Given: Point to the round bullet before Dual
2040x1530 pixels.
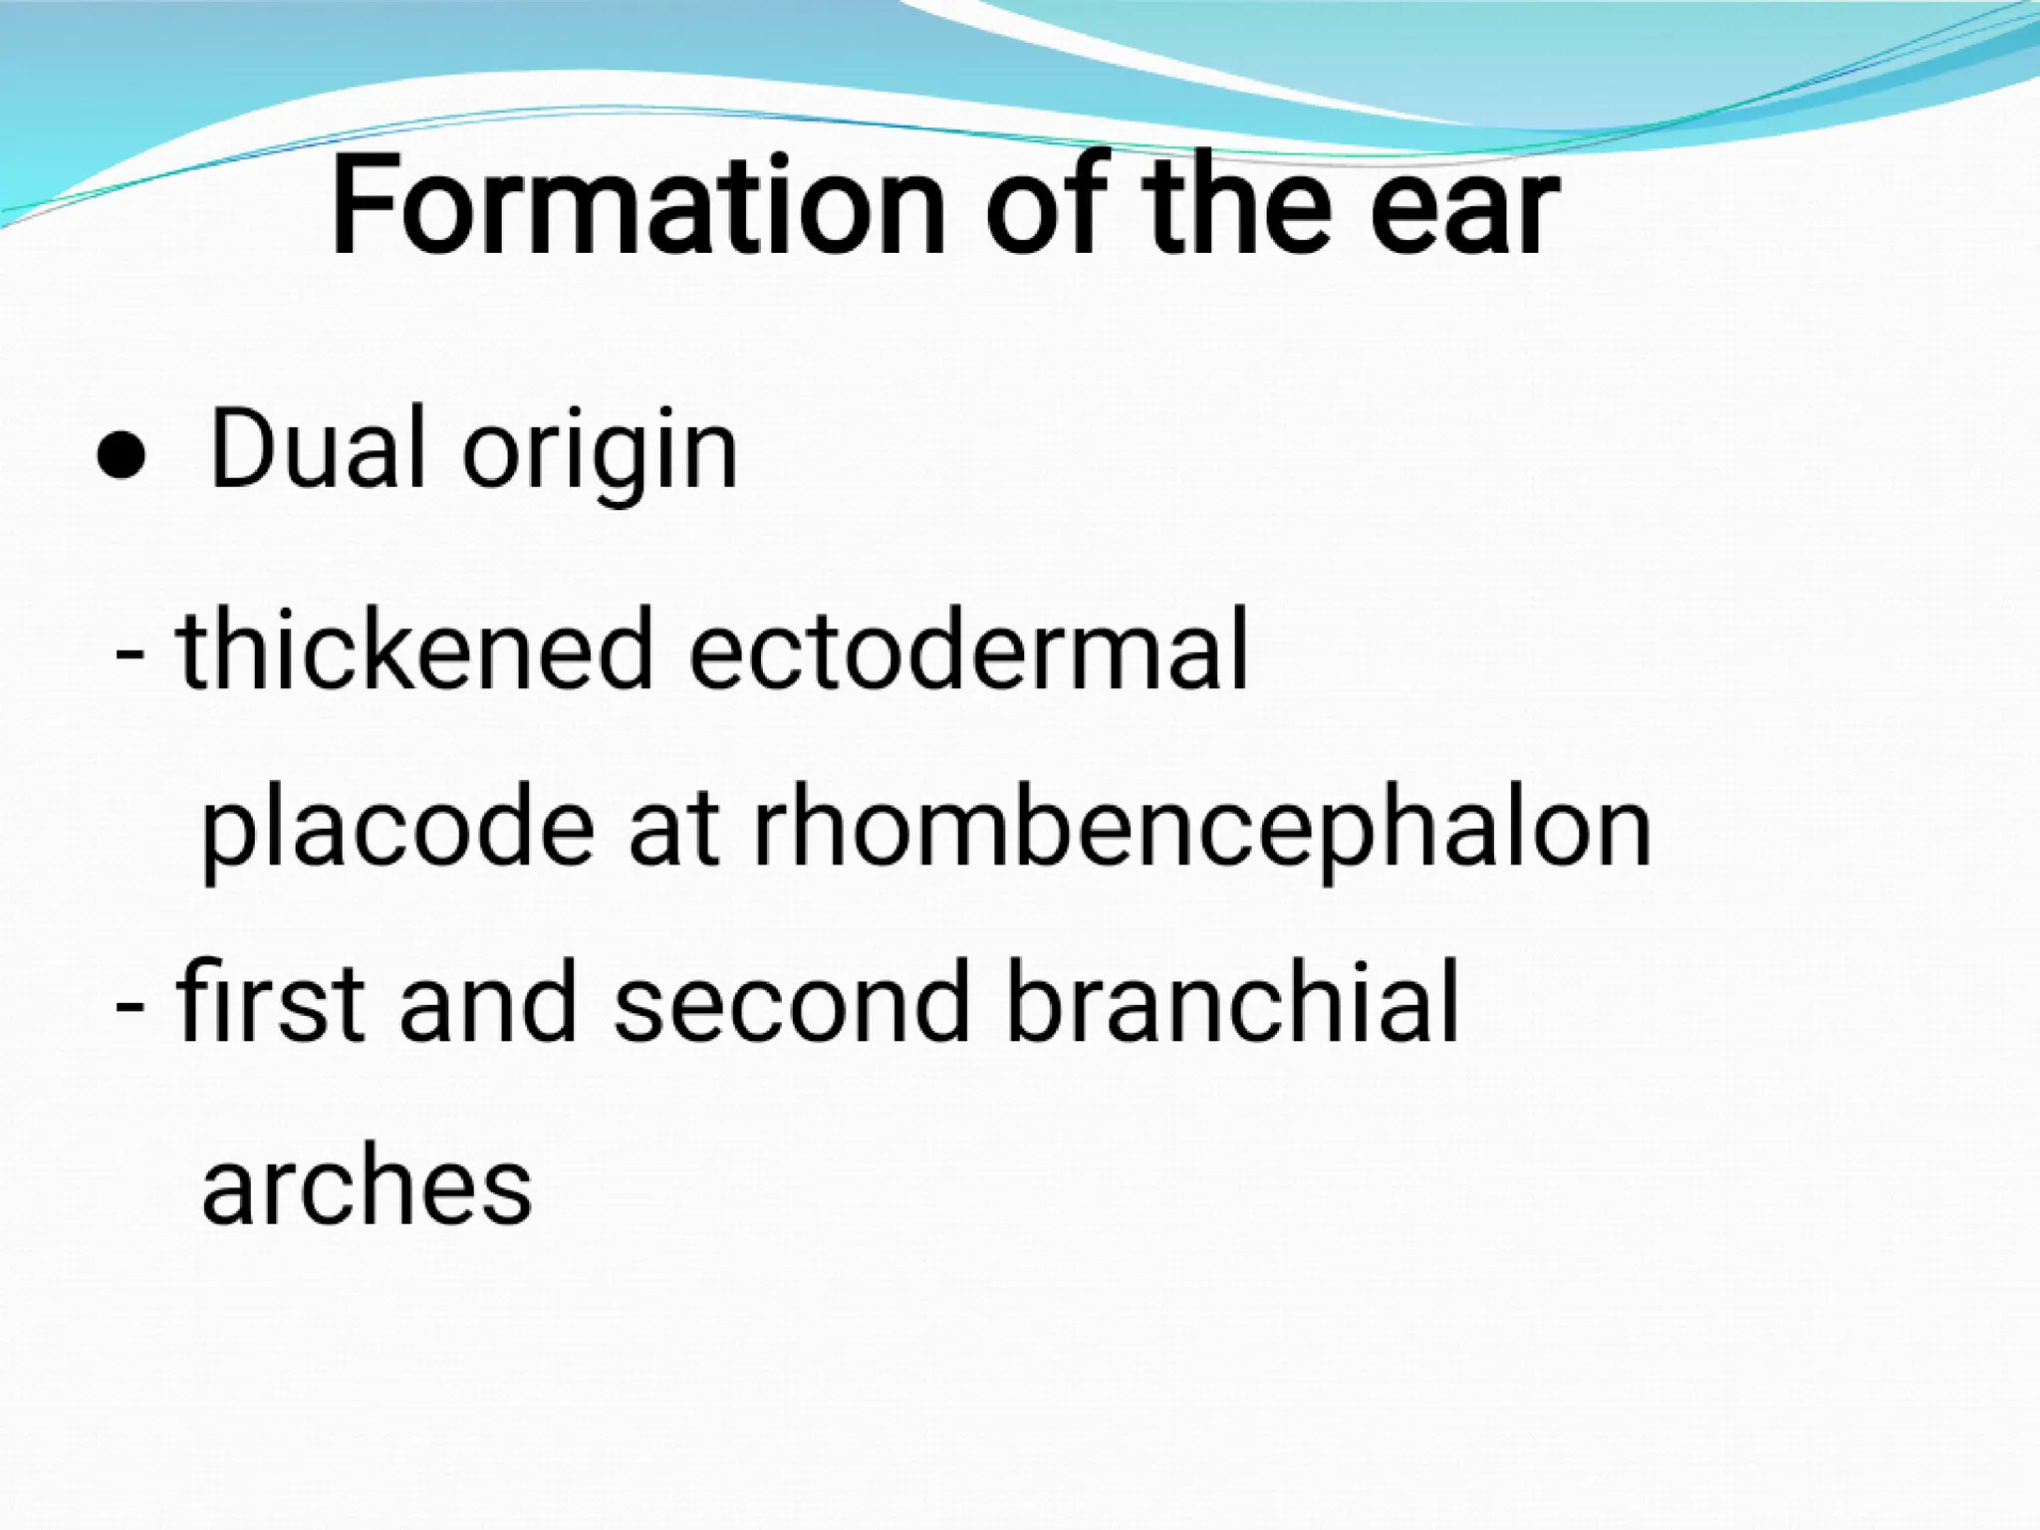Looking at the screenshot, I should coord(122,458).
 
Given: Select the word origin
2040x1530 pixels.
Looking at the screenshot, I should coord(599,453).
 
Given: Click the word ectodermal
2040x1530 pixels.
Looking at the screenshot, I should coord(967,649).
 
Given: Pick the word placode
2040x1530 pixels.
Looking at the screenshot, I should coord(397,832).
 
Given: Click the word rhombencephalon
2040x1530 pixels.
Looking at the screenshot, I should coord(1201,832).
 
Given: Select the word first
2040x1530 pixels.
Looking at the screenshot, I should coord(269,1001).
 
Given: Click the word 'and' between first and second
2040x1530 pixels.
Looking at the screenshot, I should coord(487,1001).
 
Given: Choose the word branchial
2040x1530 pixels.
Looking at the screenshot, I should coord(1231,1001).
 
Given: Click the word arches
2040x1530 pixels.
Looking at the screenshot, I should coord(367,1185).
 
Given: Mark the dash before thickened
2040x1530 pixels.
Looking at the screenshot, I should coord(129,657).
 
